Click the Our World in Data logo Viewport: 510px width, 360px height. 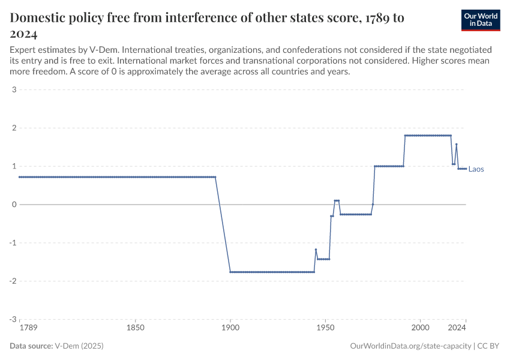point(480,20)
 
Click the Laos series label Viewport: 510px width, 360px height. point(476,169)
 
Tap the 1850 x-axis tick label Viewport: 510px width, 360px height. point(136,328)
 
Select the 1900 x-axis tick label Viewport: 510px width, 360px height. point(230,328)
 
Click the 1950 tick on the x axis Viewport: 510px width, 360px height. point(325,328)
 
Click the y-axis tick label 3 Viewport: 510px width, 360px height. point(13,90)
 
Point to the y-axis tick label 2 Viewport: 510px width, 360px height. point(13,128)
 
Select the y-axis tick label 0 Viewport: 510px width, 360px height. point(13,205)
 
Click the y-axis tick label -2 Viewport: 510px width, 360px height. point(12,281)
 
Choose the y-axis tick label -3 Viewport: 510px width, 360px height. point(12,319)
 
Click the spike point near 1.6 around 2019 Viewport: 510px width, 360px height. point(457,144)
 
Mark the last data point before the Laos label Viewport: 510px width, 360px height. point(466,169)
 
